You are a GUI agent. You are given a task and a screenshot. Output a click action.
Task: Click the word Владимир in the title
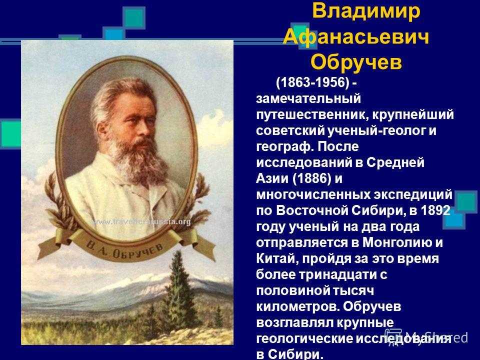pos(366,11)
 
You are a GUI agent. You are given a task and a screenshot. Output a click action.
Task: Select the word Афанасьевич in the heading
pos(356,37)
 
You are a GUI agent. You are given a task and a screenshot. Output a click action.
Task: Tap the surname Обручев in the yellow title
pos(356,62)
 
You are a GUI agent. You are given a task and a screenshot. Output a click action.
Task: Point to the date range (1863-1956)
pos(312,82)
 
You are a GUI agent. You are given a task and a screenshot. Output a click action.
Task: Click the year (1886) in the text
pos(311,178)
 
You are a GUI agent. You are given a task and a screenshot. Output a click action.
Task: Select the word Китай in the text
pos(276,258)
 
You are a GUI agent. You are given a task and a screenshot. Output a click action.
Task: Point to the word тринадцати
pos(337,274)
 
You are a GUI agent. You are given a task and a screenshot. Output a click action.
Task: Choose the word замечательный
pos(308,99)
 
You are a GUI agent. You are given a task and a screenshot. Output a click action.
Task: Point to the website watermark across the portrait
pos(141,221)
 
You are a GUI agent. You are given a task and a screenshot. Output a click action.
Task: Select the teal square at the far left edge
pos(10,134)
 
